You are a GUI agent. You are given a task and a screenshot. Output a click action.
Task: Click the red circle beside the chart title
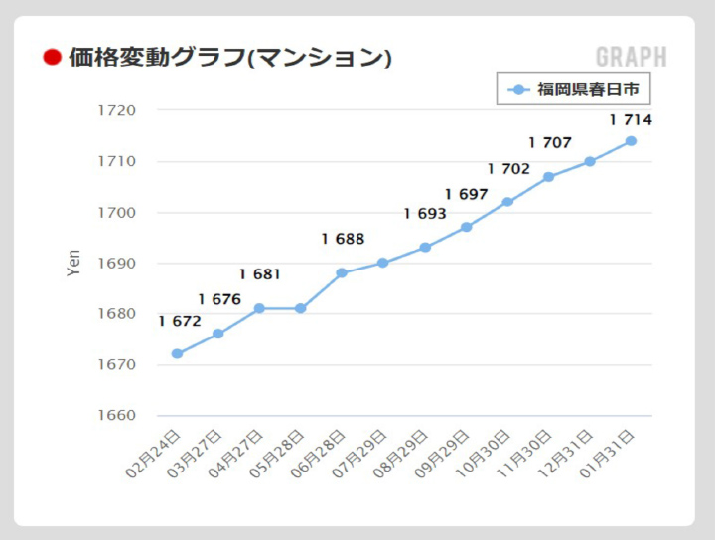[53, 57]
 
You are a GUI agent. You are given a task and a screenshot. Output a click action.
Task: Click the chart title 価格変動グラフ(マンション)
[229, 57]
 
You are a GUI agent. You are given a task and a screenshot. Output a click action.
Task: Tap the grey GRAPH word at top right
[632, 57]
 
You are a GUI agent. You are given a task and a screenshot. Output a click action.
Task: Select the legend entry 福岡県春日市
[574, 90]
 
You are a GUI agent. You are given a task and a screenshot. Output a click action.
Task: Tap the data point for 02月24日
[177, 353]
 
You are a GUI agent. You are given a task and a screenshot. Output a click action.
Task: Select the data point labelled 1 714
[631, 140]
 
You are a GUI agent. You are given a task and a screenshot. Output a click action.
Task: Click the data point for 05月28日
[301, 308]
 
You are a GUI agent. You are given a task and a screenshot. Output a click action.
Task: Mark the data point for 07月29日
[383, 263]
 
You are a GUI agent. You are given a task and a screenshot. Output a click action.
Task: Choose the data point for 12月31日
[590, 161]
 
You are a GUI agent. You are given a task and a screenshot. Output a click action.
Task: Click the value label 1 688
[343, 239]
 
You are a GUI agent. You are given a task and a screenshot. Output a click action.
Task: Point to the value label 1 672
[180, 321]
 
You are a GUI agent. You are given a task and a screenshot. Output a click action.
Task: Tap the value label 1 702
[508, 169]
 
